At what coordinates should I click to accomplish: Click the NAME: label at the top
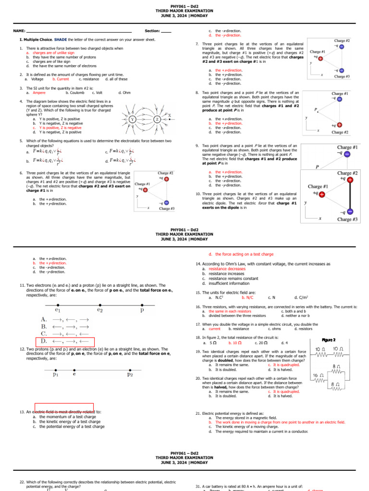click(x=19, y=31)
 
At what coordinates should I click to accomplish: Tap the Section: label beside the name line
click(x=152, y=31)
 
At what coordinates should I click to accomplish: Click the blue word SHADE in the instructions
click(x=61, y=39)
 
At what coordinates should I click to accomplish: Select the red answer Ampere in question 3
click(x=39, y=93)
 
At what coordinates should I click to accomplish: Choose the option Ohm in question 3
click(x=126, y=93)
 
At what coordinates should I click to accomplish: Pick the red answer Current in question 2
click(x=61, y=79)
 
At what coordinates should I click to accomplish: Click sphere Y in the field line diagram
click(x=132, y=119)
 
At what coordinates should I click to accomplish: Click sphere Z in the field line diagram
click(x=157, y=119)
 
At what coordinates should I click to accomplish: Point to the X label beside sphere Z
click(x=169, y=115)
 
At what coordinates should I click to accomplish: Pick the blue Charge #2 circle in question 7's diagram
click(x=341, y=47)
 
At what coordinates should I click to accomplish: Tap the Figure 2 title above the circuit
click(x=328, y=339)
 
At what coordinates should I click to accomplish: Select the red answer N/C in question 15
click(x=247, y=297)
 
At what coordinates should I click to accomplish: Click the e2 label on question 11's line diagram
click(x=100, y=310)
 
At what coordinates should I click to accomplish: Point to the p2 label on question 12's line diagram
click(x=130, y=375)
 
